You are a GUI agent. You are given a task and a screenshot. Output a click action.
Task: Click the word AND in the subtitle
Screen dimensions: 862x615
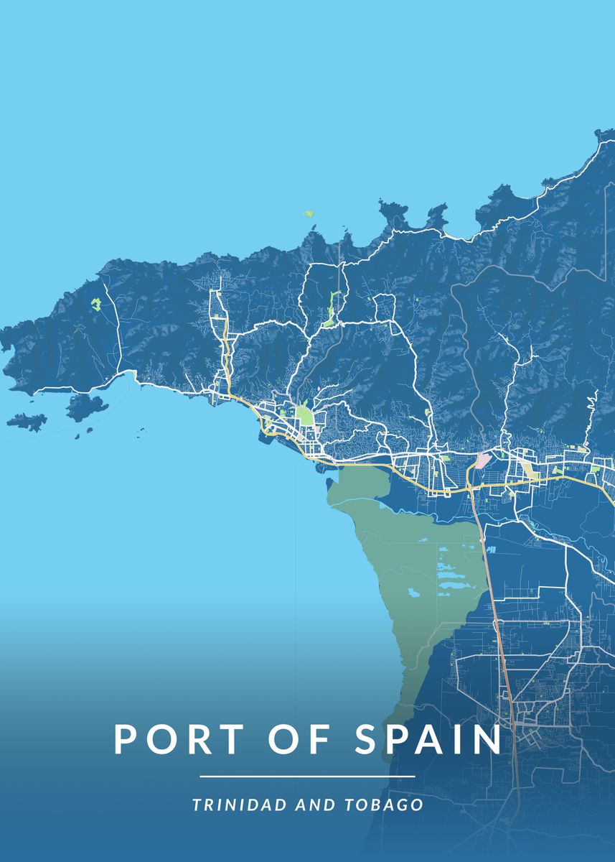(311, 805)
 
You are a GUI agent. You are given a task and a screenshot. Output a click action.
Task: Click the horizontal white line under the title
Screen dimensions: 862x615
(307, 777)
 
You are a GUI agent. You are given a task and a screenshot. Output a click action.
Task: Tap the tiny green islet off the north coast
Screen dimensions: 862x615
(309, 213)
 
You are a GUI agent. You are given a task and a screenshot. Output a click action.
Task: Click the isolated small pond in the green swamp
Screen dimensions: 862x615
(413, 593)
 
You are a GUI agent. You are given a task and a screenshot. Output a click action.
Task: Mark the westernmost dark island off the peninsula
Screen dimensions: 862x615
(27, 421)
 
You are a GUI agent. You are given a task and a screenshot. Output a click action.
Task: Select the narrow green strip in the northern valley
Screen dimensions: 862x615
(331, 309)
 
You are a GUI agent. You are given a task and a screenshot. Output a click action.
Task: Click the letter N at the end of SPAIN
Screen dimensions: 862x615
(488, 740)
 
